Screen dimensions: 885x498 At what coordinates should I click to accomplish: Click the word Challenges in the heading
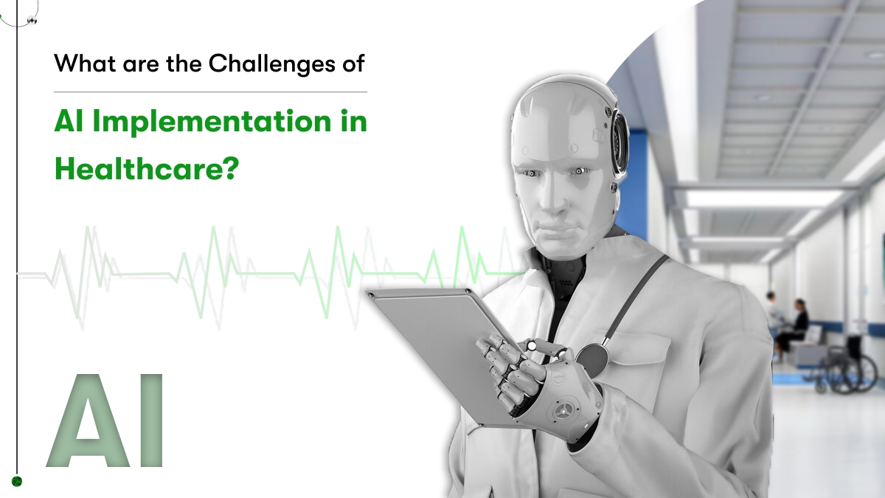point(272,64)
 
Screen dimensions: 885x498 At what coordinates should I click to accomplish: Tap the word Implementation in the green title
point(212,121)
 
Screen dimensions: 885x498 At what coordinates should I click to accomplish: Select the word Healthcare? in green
point(147,169)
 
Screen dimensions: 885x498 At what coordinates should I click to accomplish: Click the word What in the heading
point(85,63)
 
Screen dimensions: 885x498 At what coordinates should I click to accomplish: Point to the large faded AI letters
point(105,421)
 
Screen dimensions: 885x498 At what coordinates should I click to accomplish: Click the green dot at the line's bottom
point(16,481)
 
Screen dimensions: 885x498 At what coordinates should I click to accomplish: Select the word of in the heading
point(353,63)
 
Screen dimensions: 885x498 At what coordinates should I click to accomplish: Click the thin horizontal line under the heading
point(211,92)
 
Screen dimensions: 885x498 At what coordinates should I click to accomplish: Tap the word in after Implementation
point(353,120)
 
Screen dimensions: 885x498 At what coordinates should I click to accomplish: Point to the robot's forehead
point(553,126)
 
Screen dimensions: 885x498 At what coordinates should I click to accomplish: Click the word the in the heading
point(184,63)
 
